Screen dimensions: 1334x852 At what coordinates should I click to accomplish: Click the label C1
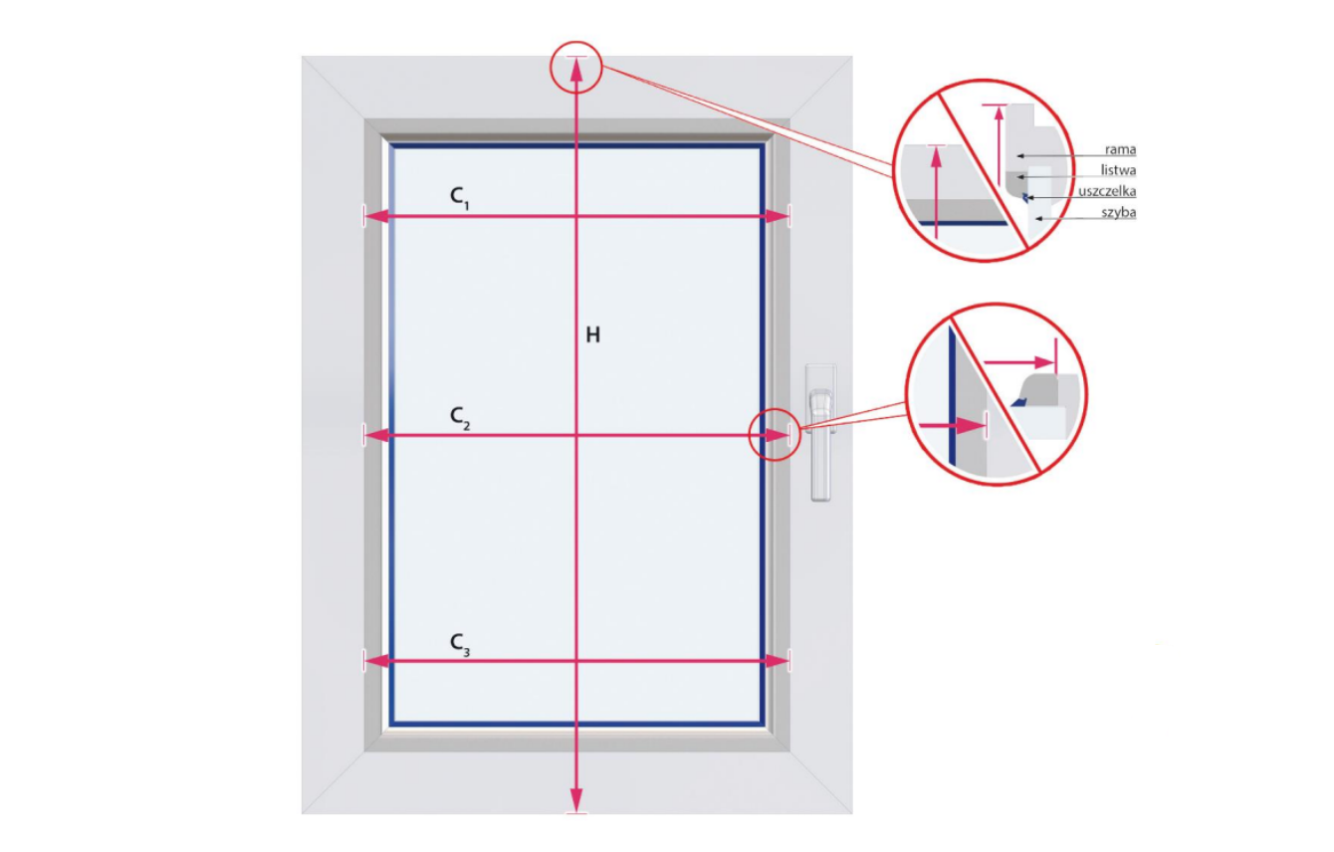coord(459,198)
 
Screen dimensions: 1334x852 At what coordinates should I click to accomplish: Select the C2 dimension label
coord(459,417)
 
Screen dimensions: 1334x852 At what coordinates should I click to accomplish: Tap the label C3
coord(459,645)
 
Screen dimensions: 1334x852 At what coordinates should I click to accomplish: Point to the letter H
coord(592,335)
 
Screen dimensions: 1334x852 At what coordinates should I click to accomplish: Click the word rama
coord(1120,149)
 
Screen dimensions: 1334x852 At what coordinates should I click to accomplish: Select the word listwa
coord(1118,170)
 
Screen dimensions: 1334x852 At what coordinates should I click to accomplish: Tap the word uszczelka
coord(1107,192)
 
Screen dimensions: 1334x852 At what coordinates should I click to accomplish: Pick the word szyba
coord(1118,213)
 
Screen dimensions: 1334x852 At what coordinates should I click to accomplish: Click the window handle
coord(820,432)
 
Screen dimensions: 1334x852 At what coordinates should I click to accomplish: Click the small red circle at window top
coord(575,42)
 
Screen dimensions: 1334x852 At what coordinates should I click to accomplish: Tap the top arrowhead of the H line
coord(575,70)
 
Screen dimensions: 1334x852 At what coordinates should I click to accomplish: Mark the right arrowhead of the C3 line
coord(777,661)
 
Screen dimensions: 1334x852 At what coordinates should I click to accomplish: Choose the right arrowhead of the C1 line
coord(777,216)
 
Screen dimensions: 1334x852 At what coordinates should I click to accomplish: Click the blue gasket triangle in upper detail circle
coord(1024,197)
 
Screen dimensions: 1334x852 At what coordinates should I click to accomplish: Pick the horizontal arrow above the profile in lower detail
coord(1018,362)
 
